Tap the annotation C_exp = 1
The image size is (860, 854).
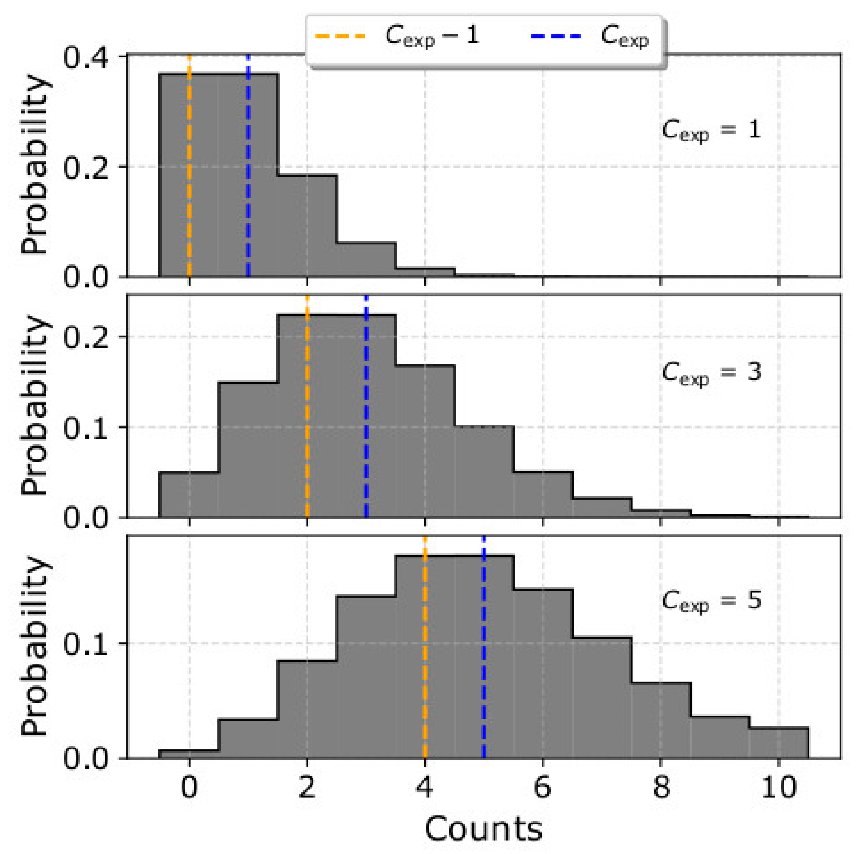tap(711, 131)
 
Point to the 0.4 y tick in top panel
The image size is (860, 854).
tap(86, 58)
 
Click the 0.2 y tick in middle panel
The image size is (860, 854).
tap(86, 337)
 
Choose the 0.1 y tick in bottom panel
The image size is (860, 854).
tap(86, 643)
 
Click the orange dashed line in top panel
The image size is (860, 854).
tap(189, 178)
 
